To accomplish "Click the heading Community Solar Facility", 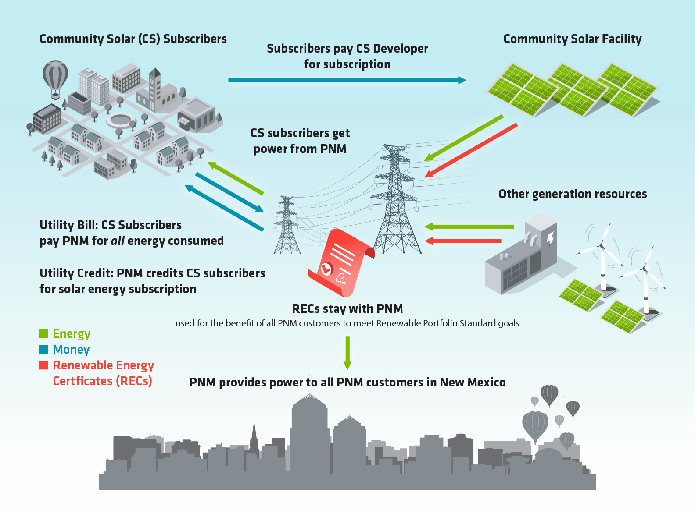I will (572, 39).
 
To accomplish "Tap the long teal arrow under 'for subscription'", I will (347, 80).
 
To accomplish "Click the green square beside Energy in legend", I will (44, 334).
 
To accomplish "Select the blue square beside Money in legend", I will (44, 350).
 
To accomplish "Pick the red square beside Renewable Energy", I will (44, 365).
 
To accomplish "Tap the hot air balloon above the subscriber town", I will (55, 75).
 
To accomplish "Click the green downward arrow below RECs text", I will (347, 353).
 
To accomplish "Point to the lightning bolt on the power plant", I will (550, 239).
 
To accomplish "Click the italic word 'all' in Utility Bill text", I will (118, 241).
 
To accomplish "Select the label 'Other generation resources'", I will (573, 194).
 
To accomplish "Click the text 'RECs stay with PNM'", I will (347, 309).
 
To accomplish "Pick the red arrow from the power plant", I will (463, 241).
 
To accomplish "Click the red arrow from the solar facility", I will (472, 150).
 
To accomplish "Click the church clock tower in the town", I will (154, 88).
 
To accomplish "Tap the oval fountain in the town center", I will (121, 119).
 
